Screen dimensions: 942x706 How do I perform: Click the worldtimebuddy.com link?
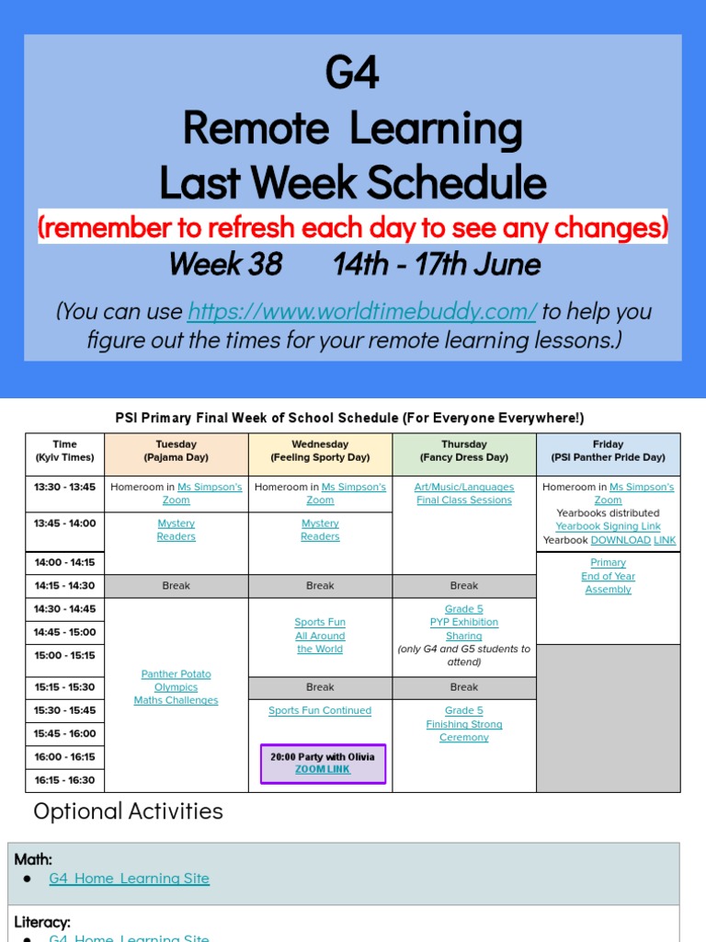click(x=361, y=311)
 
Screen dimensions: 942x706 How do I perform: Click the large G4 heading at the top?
click(x=352, y=73)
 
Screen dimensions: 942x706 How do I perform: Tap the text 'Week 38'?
click(x=225, y=265)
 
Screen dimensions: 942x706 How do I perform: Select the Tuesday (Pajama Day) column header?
click(x=176, y=451)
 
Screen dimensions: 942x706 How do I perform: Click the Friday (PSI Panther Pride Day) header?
click(x=608, y=451)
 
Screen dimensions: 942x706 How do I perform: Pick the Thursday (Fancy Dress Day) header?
click(x=464, y=451)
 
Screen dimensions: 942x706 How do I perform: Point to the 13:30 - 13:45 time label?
click(x=65, y=488)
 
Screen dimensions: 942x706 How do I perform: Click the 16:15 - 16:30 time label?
click(x=65, y=780)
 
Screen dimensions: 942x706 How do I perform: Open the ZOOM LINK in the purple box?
click(x=323, y=769)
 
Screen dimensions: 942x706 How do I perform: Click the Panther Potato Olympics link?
click(x=176, y=687)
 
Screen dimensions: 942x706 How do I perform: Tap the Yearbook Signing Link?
click(x=608, y=526)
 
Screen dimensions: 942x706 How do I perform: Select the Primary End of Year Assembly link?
click(x=608, y=576)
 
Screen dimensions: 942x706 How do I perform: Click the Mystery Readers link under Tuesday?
click(x=176, y=530)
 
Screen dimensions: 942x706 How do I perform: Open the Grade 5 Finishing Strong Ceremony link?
click(x=464, y=724)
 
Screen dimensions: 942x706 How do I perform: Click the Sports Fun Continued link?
click(x=320, y=710)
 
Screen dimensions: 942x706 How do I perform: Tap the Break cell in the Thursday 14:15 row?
click(x=464, y=586)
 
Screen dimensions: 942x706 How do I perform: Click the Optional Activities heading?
click(x=128, y=811)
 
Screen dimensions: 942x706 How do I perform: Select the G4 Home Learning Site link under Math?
click(x=129, y=879)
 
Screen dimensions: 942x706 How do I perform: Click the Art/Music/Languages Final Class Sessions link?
click(x=464, y=494)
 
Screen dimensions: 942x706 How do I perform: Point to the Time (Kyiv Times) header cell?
click(x=65, y=451)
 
